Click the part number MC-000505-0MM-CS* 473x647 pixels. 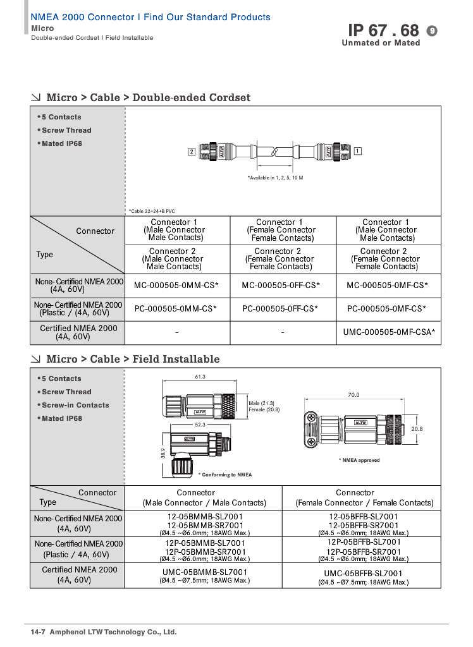[x=176, y=286]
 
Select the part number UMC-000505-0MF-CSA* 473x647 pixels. [x=389, y=332]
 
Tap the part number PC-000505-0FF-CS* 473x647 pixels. [x=280, y=309]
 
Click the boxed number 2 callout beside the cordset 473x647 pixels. [x=191, y=152]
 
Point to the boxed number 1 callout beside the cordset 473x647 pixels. [x=358, y=151]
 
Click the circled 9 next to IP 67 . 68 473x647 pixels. [x=433, y=31]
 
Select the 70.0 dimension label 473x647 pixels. [x=353, y=395]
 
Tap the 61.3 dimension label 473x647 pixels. [x=200, y=377]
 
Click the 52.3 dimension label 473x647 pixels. [x=200, y=425]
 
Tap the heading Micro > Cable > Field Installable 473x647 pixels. [x=133, y=359]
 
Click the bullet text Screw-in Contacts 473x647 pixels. [x=75, y=405]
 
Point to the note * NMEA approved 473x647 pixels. [x=359, y=460]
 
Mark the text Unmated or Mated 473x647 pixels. [x=381, y=43]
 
